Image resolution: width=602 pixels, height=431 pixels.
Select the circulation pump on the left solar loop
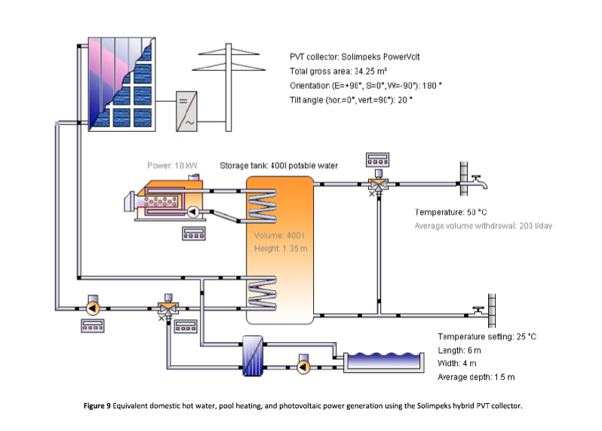[x=93, y=307]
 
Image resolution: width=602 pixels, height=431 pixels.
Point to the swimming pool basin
[x=382, y=362]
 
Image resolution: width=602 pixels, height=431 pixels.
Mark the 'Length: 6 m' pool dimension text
[x=459, y=350]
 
